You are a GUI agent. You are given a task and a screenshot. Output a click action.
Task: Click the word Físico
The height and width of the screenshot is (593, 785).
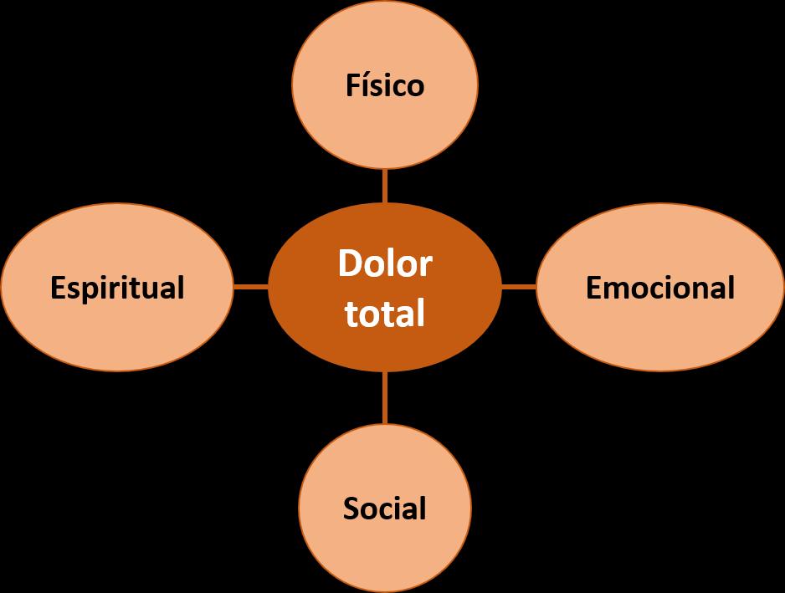tap(385, 85)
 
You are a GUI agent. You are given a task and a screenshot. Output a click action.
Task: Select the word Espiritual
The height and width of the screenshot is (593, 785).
tap(117, 288)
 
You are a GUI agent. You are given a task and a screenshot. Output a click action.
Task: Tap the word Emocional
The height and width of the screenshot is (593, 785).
tap(660, 288)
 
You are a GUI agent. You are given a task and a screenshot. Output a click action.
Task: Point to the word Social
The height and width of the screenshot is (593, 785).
tap(385, 509)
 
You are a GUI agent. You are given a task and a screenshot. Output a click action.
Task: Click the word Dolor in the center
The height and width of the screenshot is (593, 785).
tap(385, 264)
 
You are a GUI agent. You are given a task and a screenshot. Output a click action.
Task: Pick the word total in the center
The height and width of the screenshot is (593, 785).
tap(385, 314)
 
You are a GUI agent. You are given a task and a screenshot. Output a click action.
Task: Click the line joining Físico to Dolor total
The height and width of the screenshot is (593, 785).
tap(385, 186)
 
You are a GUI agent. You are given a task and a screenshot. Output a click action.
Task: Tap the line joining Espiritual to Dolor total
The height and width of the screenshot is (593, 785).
tap(250, 287)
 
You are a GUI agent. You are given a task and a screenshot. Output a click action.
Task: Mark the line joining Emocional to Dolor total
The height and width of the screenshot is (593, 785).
tap(519, 287)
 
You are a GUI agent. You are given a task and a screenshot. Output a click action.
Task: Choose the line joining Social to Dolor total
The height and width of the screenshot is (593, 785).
tap(385, 396)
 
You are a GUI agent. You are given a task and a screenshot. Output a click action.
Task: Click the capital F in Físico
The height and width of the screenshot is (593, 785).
tap(353, 85)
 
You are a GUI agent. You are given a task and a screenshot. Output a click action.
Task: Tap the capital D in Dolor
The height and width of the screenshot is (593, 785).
tap(350, 264)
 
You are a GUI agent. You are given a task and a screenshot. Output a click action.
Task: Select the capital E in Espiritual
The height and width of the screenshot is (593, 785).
tap(58, 288)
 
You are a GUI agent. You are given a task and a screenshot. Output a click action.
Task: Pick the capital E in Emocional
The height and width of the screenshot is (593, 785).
tap(593, 288)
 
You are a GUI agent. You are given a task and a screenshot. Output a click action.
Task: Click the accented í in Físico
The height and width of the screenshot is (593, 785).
tap(366, 85)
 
